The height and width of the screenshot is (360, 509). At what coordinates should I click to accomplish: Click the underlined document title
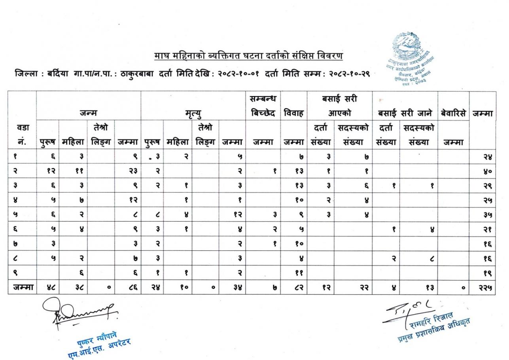coord(248,56)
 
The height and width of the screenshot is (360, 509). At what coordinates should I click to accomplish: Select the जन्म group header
coord(89,113)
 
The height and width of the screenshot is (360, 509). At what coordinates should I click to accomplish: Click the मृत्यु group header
coord(193,114)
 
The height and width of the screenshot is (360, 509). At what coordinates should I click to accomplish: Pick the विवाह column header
coord(294,114)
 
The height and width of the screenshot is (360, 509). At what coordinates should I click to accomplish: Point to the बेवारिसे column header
coord(453,114)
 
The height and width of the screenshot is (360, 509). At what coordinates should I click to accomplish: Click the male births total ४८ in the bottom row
coord(48,288)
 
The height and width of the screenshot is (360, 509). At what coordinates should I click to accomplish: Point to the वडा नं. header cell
coord(22,134)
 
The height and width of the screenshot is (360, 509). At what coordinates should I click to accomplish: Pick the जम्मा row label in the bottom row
coord(22,288)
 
